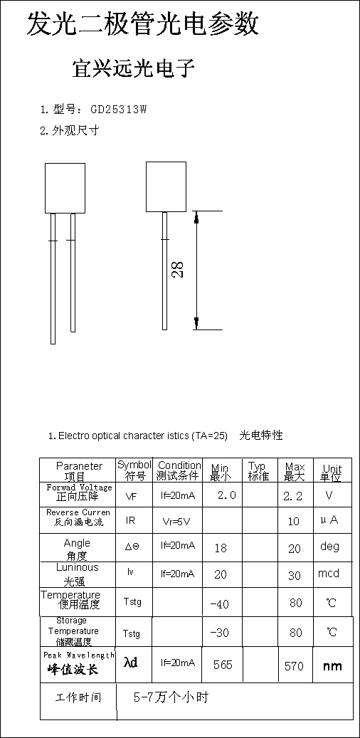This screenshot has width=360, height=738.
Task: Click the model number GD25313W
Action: point(119,110)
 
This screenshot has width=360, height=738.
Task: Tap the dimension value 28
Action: point(178,269)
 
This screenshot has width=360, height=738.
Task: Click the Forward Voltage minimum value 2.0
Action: point(226,495)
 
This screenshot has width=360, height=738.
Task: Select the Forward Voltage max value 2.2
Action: point(292,496)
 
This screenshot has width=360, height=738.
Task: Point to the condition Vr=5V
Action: point(176,521)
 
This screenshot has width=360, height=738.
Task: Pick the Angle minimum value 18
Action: point(221,548)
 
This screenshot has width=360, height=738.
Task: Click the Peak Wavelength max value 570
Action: point(294,666)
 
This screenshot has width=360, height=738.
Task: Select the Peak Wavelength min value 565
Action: point(223,665)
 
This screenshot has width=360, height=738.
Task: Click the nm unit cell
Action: point(332,666)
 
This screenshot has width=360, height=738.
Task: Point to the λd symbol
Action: point(131,663)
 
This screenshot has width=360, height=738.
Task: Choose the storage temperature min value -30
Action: point(219,633)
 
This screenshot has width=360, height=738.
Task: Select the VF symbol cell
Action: point(132,496)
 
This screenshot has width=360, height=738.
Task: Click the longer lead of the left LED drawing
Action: point(53,279)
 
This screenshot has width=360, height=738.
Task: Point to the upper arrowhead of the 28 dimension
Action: point(196,218)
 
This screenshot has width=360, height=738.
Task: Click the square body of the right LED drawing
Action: point(166,187)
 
